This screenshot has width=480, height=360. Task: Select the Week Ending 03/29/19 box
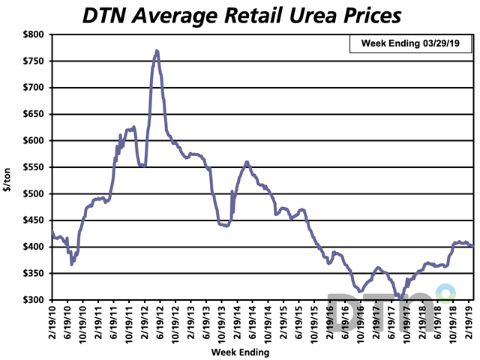411,44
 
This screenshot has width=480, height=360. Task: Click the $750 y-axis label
34,61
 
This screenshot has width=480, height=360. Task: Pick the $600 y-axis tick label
34,141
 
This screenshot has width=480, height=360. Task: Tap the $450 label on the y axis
34,220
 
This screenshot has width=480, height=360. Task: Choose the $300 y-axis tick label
34,300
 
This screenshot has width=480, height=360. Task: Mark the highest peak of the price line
157,51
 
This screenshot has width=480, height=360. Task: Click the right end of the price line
472,246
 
